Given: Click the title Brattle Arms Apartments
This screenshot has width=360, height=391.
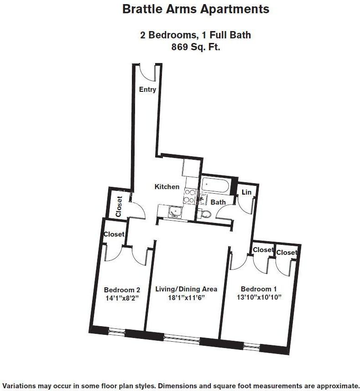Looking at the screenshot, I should click(x=195, y=9).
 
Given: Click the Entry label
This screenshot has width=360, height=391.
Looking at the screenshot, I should click(x=147, y=90).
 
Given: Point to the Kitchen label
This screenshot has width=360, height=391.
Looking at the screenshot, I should click(x=167, y=186).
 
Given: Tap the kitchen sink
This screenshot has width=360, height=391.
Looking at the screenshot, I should click(x=174, y=211).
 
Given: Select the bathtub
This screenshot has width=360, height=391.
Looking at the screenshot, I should click(x=218, y=185).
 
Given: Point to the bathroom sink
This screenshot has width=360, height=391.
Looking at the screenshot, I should click(x=202, y=199).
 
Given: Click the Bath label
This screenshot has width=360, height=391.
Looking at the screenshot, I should click(x=218, y=202).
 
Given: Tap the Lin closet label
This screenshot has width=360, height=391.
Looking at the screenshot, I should click(x=246, y=192).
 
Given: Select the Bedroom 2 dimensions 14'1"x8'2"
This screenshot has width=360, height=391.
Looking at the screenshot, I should click(x=122, y=297).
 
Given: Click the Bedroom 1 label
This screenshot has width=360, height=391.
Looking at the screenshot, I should click(x=259, y=289).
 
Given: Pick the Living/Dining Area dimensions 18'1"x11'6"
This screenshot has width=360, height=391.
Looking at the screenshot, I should click(x=186, y=297).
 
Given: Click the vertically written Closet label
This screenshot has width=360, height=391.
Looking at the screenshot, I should click(x=119, y=206).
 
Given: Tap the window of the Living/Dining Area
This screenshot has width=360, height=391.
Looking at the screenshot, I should click(x=181, y=338).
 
